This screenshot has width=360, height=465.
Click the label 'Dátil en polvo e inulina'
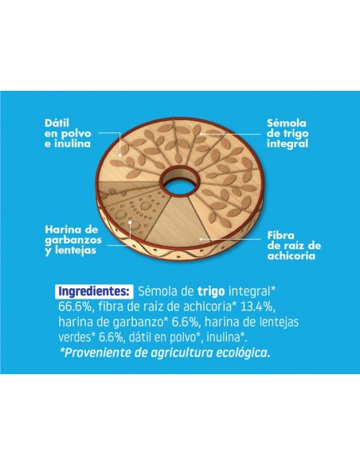tap(68, 134)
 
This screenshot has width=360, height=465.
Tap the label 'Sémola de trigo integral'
tap(288, 134)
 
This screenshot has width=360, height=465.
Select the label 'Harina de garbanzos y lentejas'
tap(73, 240)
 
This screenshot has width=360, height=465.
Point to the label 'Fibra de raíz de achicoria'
tap(294, 245)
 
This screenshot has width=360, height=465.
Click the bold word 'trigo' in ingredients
tap(211, 291)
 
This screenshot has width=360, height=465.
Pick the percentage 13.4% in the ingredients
tap(256, 307)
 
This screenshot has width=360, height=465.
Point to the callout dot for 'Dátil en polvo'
tap(120, 154)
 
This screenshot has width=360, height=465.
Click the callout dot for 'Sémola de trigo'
tap(201, 134)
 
